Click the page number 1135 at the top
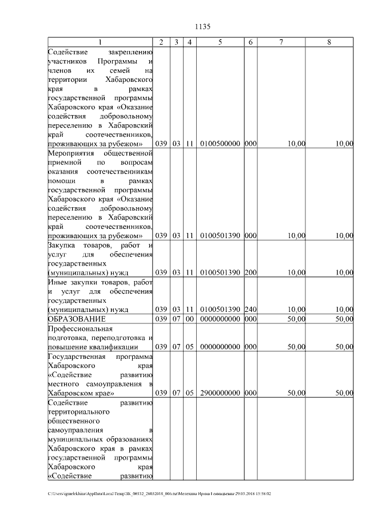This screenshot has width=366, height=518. click(203, 26)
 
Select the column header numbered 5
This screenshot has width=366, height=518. click(220, 42)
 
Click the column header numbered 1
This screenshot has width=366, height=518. click(100, 42)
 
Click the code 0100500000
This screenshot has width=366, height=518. click(220, 144)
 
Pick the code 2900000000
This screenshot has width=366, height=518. click(220, 393)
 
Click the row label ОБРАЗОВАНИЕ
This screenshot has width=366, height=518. click(77, 319)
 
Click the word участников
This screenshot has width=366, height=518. click(67, 61)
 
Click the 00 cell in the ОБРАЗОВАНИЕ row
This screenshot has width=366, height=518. click(189, 319)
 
